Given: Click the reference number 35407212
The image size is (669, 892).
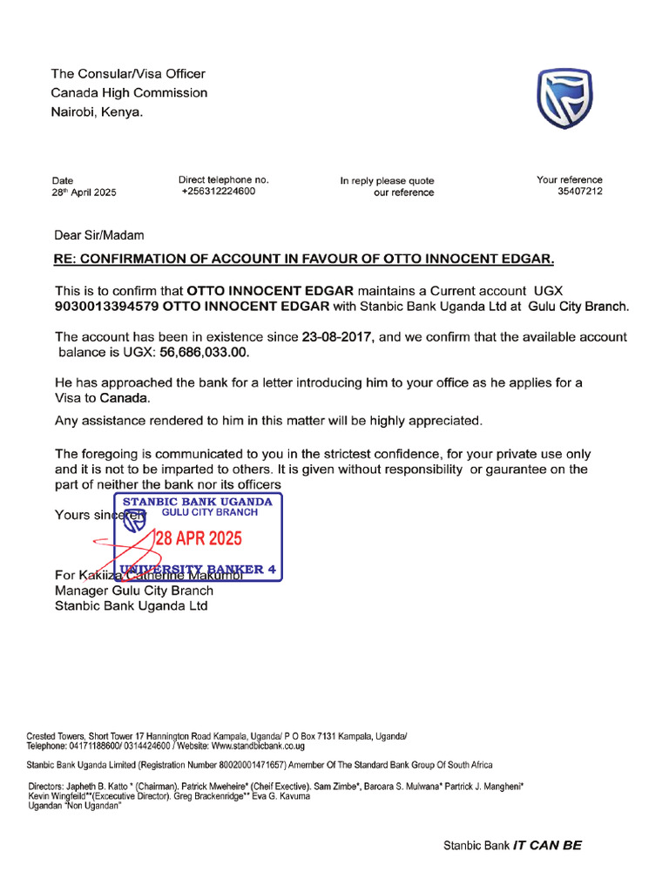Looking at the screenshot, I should [579, 192].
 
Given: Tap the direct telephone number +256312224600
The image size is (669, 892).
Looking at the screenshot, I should [218, 192].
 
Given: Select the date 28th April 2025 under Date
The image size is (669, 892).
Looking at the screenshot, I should [84, 193].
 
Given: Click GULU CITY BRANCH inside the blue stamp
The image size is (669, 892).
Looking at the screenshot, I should [210, 513].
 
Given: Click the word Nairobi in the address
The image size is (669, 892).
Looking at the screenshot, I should [74, 112].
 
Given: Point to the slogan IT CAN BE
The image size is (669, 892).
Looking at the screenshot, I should [547, 845].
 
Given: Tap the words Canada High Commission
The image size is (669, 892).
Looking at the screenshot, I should [129, 93].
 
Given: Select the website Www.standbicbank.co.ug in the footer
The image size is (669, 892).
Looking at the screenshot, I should [258, 746].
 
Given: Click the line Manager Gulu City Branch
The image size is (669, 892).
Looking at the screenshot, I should [134, 591].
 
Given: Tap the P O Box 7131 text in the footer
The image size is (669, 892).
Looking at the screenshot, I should [318, 736].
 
